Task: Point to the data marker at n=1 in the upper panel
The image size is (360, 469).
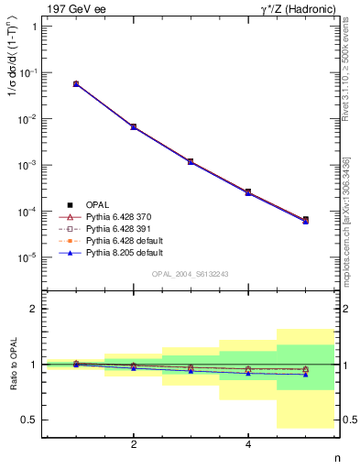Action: click(76, 83)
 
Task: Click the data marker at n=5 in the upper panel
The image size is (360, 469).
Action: click(305, 220)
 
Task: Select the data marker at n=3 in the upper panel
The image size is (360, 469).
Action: click(191, 161)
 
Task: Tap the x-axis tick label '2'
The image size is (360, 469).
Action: click(134, 444)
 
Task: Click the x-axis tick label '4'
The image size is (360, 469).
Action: click(248, 444)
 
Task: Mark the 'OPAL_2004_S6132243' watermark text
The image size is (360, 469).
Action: click(189, 274)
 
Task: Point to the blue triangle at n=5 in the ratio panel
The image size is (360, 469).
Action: click(305, 374)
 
